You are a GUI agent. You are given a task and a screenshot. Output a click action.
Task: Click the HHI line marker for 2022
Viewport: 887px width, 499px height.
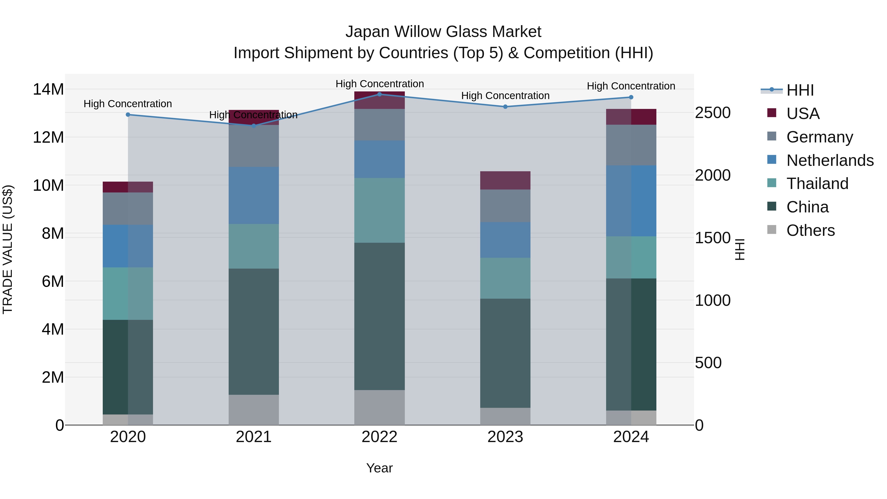click(x=379, y=94)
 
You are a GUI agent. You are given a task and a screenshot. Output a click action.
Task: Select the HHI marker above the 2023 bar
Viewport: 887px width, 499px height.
click(x=505, y=107)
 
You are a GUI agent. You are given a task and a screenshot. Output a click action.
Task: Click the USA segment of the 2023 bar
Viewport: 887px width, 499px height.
click(x=505, y=180)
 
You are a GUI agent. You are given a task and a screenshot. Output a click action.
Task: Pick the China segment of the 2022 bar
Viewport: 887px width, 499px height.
click(x=379, y=316)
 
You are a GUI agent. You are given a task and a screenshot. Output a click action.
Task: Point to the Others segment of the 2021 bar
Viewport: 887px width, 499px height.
click(x=254, y=410)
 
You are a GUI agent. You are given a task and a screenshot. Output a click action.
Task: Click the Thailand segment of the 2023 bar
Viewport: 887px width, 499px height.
click(x=505, y=278)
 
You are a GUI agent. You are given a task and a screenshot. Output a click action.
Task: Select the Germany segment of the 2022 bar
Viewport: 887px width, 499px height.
click(x=379, y=125)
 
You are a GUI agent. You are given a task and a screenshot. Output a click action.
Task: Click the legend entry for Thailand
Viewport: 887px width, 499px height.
click(x=817, y=184)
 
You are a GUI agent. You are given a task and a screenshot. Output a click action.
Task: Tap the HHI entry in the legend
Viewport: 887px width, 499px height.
click(x=800, y=90)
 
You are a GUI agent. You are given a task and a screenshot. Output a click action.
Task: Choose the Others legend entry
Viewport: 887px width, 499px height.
click(x=810, y=230)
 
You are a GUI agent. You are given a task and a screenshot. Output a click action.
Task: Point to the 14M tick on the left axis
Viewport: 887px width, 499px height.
click(x=48, y=89)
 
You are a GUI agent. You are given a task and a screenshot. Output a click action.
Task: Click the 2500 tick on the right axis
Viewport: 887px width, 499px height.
click(x=712, y=113)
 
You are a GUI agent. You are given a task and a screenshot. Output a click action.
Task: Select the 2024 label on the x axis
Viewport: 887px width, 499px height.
click(x=631, y=437)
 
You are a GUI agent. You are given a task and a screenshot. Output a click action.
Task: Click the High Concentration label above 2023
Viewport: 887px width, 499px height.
click(x=505, y=96)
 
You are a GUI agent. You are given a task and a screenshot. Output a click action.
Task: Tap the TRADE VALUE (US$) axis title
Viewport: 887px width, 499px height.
click(x=8, y=249)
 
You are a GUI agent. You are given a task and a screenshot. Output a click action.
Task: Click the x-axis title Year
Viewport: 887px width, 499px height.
click(x=379, y=468)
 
